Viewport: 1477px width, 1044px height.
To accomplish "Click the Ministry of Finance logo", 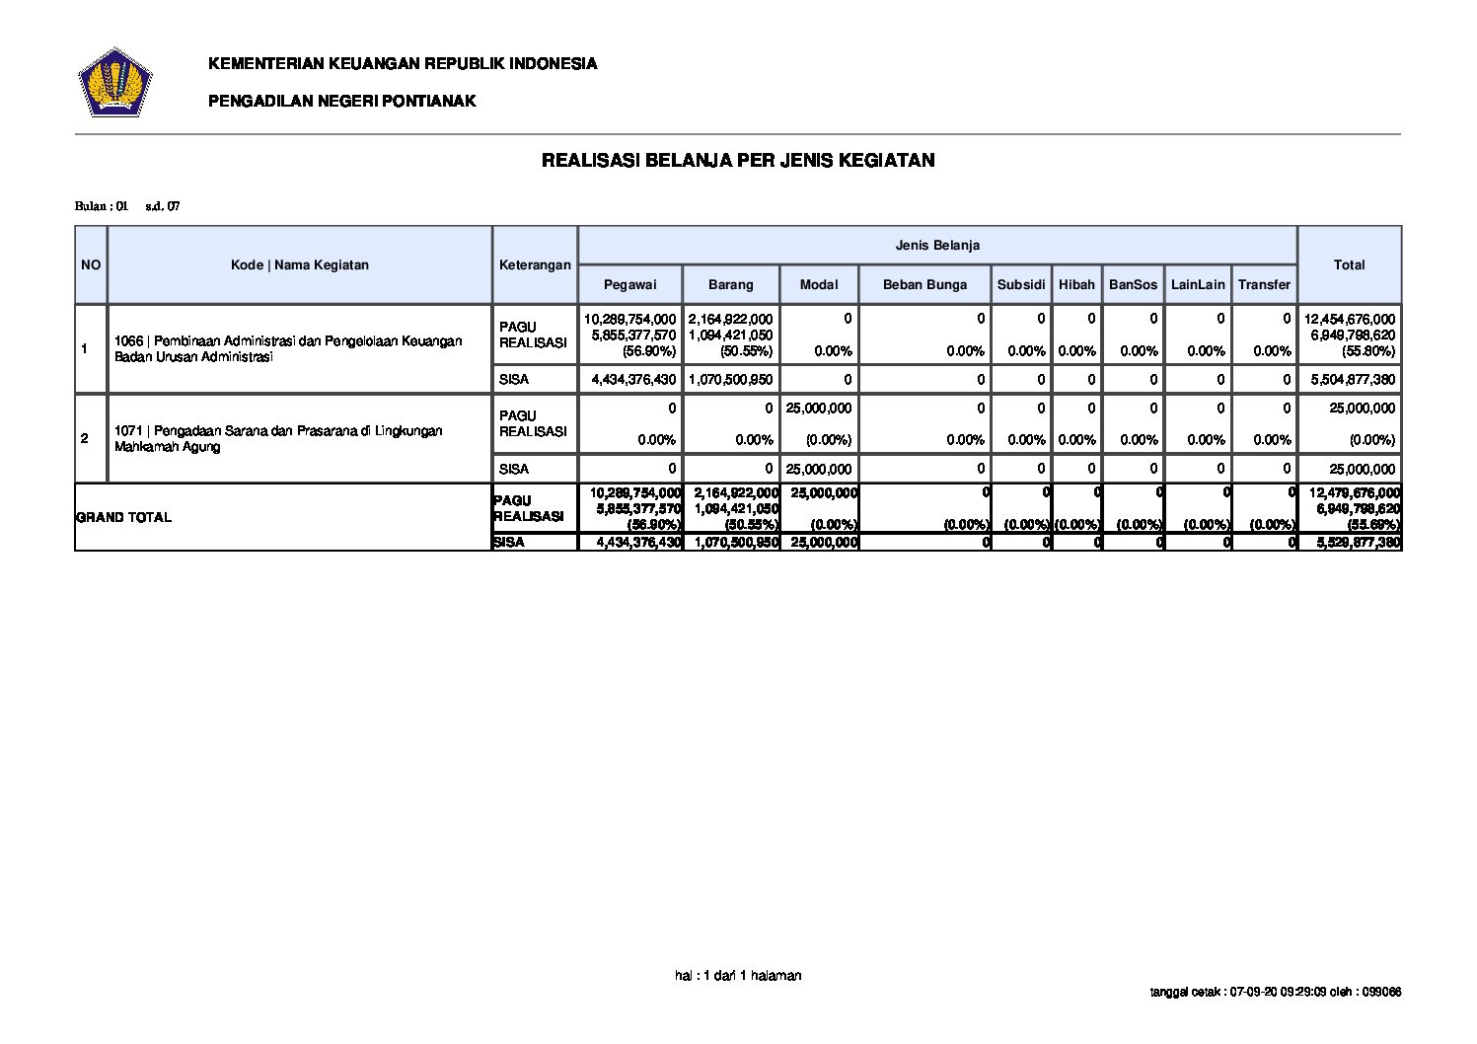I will pos(114,82).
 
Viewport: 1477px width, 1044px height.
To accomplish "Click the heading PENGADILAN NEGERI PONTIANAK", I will pos(341,101).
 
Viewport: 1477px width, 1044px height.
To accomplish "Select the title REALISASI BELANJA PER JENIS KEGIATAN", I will pos(738,160).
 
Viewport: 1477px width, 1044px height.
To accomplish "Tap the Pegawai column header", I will pos(629,284).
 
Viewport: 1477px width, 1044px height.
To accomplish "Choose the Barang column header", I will pos(730,284).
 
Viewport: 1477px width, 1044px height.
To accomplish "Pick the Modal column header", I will pos(818,284).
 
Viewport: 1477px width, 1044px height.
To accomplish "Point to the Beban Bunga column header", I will pos(924,284).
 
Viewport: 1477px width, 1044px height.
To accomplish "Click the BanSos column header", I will pos(1133,284).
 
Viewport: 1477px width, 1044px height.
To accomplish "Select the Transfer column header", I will pos(1264,284).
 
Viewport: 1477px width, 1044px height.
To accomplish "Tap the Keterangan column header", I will pos(535,264).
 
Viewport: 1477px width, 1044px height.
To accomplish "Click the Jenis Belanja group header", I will pos(936,245).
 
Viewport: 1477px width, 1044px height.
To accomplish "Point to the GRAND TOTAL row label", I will pos(123,517).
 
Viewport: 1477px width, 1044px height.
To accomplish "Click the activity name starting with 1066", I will pos(288,348).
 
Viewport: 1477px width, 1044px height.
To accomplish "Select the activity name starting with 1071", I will pos(278,438).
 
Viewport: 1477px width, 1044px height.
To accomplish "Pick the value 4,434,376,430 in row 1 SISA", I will pos(633,379).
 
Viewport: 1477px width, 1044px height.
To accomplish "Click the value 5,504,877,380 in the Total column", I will pos(1350,379).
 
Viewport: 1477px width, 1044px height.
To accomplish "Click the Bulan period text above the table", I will pos(127,206).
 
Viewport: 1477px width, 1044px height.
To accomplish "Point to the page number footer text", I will pos(738,975).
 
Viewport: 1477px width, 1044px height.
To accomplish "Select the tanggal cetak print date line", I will pos(1276,992).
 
